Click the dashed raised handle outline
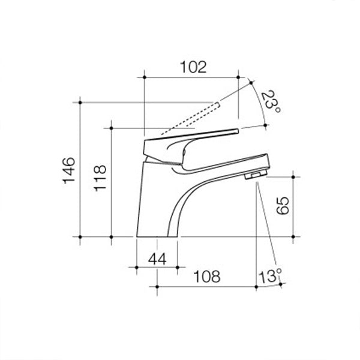pos(192,116)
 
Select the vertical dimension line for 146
pos(82,168)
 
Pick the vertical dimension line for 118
pos(112,180)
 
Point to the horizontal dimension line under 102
pos(192,77)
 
